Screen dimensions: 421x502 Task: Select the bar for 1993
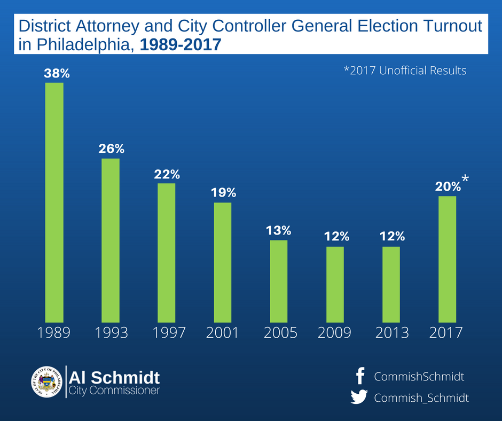point(111,240)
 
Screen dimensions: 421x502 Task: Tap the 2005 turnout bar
point(278,280)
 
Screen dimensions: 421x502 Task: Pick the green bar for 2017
point(448,259)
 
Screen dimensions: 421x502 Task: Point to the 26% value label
point(111,149)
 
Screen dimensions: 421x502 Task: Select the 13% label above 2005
point(279,231)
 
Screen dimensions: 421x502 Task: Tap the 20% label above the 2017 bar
point(448,186)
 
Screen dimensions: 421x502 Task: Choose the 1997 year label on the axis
point(169,333)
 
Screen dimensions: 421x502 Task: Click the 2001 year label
point(222,333)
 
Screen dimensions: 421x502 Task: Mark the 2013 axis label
point(391,333)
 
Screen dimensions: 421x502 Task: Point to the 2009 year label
point(335,333)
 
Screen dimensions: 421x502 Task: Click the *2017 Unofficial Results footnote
point(405,71)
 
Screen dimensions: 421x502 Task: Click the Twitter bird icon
point(359,397)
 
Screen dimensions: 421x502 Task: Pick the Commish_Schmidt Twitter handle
point(421,398)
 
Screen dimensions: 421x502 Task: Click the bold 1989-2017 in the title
point(180,45)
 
